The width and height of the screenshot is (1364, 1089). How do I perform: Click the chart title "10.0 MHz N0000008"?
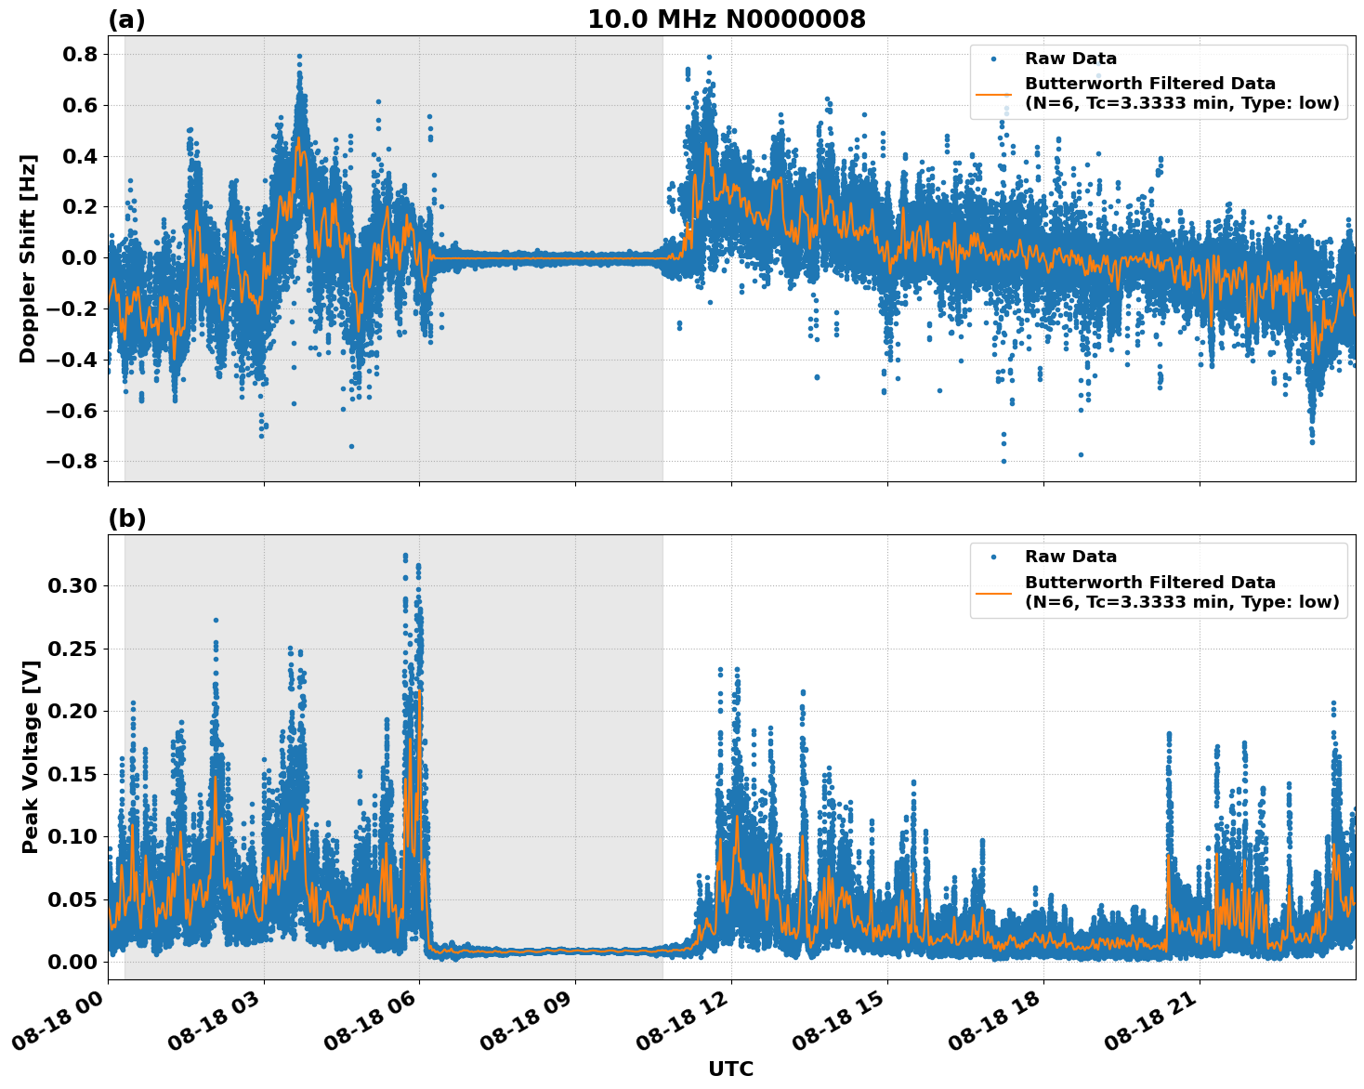pos(726,20)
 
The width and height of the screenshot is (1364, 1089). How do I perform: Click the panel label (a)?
pos(126,20)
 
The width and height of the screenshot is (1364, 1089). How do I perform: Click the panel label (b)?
pos(126,518)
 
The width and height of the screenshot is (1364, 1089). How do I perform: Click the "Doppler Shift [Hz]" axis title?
pos(28,258)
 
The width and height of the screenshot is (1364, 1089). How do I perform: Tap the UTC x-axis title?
pos(730,1069)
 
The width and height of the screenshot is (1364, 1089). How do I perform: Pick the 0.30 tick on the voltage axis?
pos(72,585)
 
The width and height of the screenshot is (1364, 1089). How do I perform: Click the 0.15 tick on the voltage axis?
pos(72,774)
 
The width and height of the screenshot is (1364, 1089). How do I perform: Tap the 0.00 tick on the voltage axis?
pos(72,962)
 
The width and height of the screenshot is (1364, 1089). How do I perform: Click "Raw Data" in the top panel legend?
pos(1070,59)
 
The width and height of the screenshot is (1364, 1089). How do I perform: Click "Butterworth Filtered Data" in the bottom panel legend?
pos(1149,583)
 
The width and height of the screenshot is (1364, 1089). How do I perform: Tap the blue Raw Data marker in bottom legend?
pos(993,558)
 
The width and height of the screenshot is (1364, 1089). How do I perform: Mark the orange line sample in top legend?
pos(993,94)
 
